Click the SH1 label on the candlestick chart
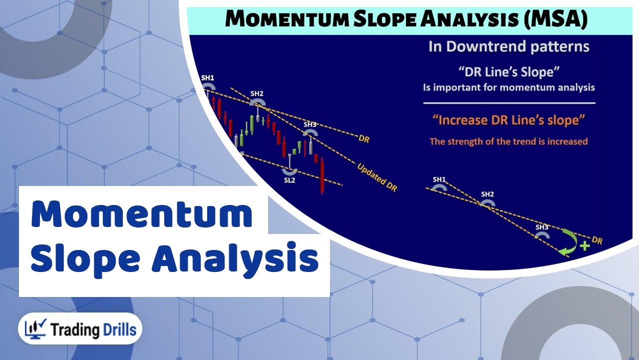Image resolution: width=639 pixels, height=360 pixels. pyautogui.click(x=207, y=78)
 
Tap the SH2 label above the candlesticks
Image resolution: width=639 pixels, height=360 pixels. pyautogui.click(x=257, y=93)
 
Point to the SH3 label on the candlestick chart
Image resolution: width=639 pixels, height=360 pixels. pyautogui.click(x=310, y=124)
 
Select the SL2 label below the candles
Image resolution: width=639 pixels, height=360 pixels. pyautogui.click(x=290, y=180)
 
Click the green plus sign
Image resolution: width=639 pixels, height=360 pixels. pyautogui.click(x=585, y=246)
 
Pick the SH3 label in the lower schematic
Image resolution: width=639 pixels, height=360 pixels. pyautogui.click(x=542, y=227)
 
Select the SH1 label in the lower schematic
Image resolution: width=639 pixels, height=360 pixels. pyautogui.click(x=439, y=179)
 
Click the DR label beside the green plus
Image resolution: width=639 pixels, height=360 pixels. pyautogui.click(x=597, y=240)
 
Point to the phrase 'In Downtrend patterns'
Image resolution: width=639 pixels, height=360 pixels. pyautogui.click(x=509, y=47)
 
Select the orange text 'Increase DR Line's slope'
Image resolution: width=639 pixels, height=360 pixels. pyautogui.click(x=509, y=120)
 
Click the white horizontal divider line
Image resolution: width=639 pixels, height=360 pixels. pyautogui.click(x=509, y=103)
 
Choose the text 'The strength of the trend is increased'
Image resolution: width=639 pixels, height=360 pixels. pyautogui.click(x=509, y=141)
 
